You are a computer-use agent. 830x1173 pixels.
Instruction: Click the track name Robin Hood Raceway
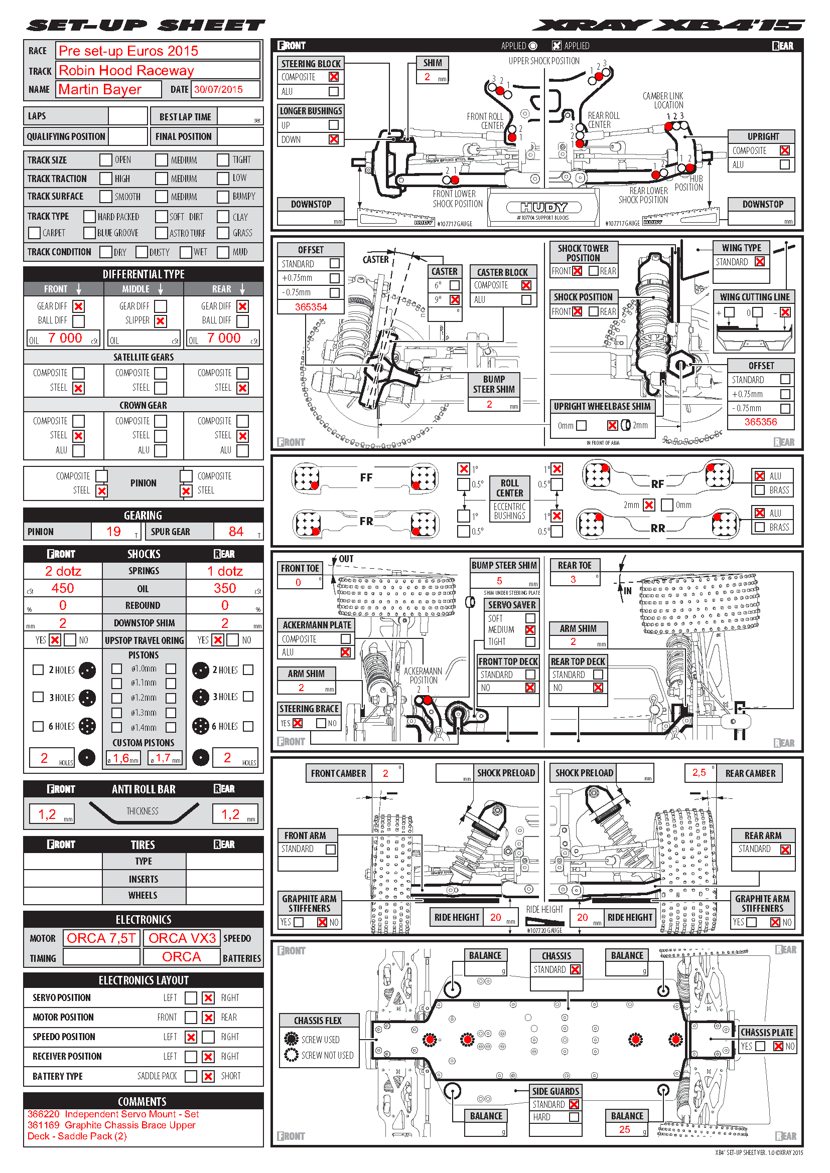[x=126, y=70]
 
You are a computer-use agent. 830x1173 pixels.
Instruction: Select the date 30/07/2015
[x=218, y=89]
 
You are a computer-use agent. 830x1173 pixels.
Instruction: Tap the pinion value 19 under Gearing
[x=113, y=531]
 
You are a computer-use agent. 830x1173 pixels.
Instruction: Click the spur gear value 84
[x=236, y=531]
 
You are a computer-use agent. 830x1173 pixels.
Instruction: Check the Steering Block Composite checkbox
[x=334, y=77]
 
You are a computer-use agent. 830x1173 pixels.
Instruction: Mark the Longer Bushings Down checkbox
[x=334, y=139]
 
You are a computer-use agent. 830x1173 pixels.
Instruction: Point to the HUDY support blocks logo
[x=544, y=207]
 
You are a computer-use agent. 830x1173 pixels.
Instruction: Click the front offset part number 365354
[x=311, y=307]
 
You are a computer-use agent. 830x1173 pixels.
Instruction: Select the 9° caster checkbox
[x=454, y=300]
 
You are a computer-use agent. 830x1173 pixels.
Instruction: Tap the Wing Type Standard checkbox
[x=760, y=262]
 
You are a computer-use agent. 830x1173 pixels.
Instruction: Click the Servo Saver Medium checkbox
[x=530, y=630]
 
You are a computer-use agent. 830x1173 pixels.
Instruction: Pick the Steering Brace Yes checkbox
[x=298, y=723]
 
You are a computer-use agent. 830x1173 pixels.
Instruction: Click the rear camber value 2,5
[x=699, y=772]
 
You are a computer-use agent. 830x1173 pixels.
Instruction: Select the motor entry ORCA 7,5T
[x=101, y=938]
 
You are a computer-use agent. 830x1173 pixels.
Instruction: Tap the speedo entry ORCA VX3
[x=182, y=938]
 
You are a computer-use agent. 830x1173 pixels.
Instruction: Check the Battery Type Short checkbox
[x=208, y=1076]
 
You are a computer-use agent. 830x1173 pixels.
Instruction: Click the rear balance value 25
[x=624, y=1129]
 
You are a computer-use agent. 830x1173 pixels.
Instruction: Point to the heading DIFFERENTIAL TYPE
[x=144, y=274]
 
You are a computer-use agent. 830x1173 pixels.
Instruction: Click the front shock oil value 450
[x=62, y=588]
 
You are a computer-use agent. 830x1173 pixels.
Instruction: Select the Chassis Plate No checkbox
[x=778, y=1046]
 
